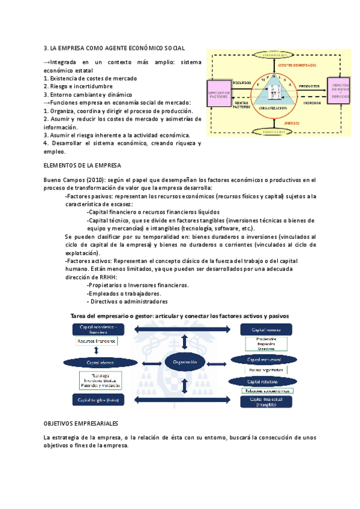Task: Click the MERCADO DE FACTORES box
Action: tap(220, 95)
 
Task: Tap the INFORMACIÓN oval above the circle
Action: tap(274, 55)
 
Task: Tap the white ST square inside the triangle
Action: tap(274, 94)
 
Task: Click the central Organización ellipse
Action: tap(185, 363)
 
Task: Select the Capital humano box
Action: tap(267, 330)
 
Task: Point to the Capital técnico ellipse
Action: tap(100, 363)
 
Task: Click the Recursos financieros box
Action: tap(97, 341)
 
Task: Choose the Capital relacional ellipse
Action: tap(264, 381)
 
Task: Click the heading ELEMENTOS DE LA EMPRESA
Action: tap(82, 165)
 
